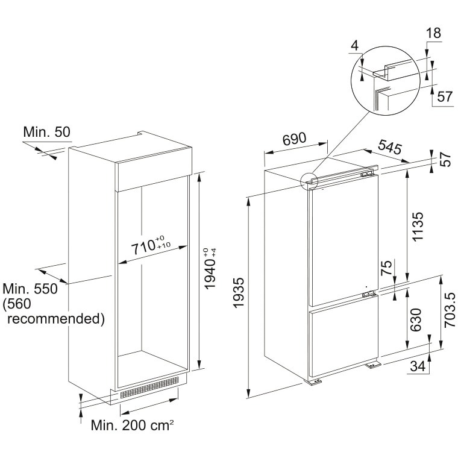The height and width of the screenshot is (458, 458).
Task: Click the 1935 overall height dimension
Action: (x=239, y=293)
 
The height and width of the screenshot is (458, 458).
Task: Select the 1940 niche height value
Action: (x=210, y=269)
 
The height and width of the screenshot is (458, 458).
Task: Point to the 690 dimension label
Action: (x=294, y=139)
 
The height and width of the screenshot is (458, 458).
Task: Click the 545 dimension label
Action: (x=390, y=146)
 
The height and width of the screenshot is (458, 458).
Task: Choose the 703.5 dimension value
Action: (x=450, y=310)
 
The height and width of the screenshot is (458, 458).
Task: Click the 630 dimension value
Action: (x=416, y=320)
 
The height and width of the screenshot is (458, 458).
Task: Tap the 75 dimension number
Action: (x=386, y=268)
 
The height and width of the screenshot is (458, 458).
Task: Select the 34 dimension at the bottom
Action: (x=418, y=366)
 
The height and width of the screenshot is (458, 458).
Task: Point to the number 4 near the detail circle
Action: (x=354, y=46)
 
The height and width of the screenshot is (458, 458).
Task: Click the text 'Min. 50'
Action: (x=47, y=132)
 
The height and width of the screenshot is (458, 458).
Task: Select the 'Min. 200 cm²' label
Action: (x=133, y=425)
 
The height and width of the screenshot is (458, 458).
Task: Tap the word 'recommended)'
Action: (x=56, y=318)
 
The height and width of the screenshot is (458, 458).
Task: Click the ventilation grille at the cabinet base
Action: (x=149, y=387)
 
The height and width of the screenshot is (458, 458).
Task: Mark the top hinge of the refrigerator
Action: (x=368, y=174)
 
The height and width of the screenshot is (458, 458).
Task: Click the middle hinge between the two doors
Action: (x=369, y=294)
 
